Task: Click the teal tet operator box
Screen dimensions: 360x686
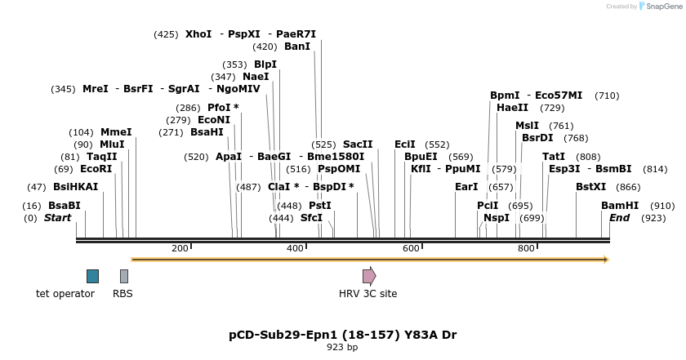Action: [92, 276]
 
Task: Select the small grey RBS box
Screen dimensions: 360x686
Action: [123, 276]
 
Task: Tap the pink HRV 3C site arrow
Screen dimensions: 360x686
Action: [369, 276]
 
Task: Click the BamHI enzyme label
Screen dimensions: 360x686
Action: [620, 206]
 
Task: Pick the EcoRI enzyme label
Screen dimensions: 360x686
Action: [96, 169]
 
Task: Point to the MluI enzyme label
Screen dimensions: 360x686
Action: [112, 144]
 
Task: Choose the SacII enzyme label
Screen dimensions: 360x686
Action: [358, 144]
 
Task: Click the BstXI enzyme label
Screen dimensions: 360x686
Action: [591, 187]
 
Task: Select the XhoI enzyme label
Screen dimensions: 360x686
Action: [198, 34]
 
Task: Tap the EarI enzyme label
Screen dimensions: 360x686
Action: [466, 187]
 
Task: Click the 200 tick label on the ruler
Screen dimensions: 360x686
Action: [180, 248]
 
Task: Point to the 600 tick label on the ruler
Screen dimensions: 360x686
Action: [410, 248]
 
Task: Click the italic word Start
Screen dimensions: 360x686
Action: [58, 218]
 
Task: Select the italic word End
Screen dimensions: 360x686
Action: [620, 218]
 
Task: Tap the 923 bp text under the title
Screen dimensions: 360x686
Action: [342, 347]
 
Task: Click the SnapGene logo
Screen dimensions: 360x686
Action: [660, 7]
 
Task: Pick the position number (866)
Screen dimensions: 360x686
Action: [629, 187]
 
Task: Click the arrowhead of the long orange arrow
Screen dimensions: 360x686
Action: [606, 260]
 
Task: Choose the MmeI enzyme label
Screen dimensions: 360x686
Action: [116, 132]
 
